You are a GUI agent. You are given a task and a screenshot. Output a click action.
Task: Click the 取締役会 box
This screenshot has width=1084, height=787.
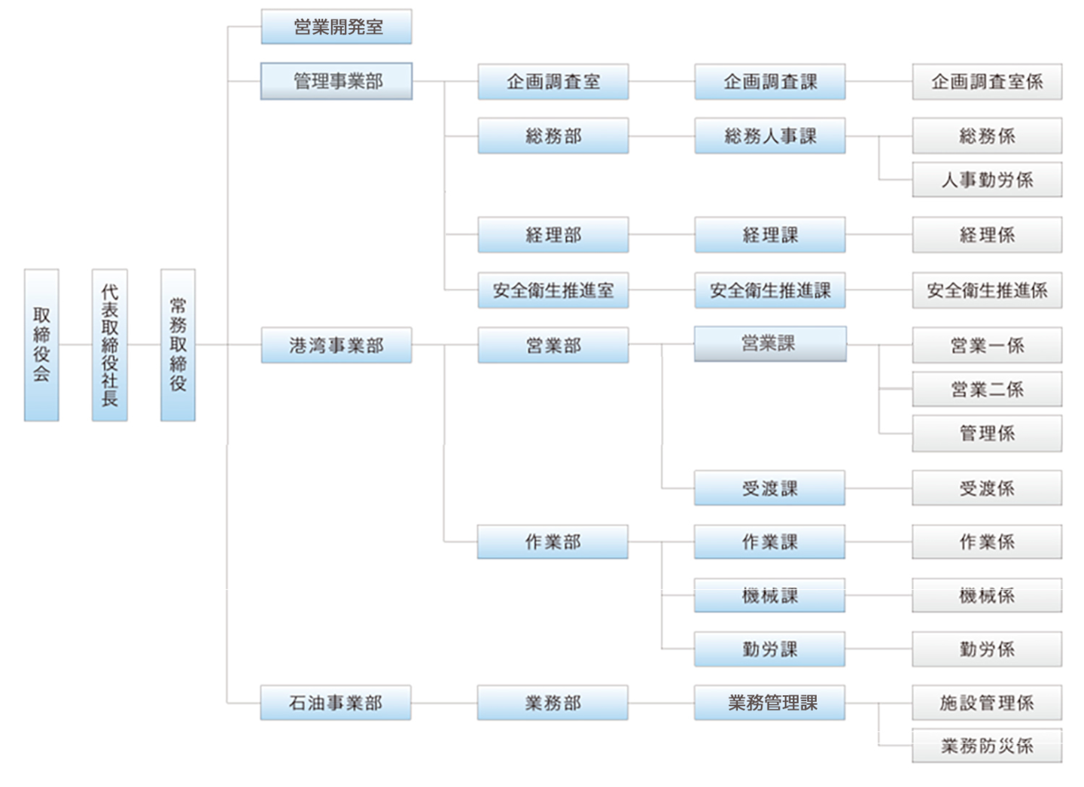[41, 345]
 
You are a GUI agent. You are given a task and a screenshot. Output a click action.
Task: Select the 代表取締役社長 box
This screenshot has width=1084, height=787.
[110, 345]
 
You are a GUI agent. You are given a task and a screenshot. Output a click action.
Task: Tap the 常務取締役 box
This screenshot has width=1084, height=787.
[178, 345]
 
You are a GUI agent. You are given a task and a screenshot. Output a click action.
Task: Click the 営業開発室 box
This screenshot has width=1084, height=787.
[336, 27]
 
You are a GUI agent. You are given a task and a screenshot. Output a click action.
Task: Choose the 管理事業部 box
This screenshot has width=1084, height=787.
[336, 81]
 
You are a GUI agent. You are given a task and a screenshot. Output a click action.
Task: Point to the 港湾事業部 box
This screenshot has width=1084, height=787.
[336, 345]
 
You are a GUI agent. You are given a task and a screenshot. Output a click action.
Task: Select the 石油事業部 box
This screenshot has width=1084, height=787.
[336, 703]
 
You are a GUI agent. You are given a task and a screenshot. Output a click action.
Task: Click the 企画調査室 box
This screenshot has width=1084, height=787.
[553, 82]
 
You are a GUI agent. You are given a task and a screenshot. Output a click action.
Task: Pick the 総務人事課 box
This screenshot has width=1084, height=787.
[770, 136]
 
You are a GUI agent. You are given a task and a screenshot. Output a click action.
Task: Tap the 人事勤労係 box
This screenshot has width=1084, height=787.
[987, 180]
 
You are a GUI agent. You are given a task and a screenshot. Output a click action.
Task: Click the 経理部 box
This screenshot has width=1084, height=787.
[553, 235]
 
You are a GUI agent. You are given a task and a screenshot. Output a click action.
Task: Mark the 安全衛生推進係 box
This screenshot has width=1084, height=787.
[987, 290]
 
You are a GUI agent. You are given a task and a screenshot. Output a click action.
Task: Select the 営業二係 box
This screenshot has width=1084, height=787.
[987, 390]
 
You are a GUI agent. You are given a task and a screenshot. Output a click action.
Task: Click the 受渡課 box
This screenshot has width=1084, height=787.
[770, 488]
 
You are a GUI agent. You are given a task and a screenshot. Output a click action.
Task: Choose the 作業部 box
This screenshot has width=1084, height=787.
[553, 542]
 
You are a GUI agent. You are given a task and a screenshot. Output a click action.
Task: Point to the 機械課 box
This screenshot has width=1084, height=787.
[770, 596]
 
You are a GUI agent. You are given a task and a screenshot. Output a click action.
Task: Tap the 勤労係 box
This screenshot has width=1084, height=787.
[987, 649]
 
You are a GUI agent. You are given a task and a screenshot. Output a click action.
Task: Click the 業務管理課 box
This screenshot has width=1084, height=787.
[770, 703]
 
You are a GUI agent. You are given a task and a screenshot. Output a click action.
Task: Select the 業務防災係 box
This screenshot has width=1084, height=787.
[987, 746]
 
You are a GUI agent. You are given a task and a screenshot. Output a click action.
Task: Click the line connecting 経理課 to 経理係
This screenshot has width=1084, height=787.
[878, 235]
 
